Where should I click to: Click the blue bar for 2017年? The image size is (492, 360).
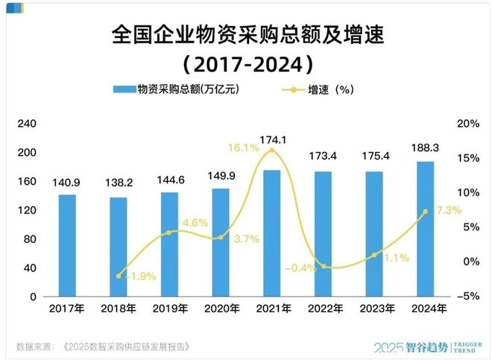[67, 245]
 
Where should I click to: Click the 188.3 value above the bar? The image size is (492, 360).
[425, 148]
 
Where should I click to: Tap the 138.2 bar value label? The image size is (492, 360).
[118, 182]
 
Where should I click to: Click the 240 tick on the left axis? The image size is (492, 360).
[28, 124]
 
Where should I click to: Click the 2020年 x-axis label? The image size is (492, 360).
[221, 307]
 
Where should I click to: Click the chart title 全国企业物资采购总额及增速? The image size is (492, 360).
[246, 35]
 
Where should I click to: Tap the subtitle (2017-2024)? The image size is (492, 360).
[246, 63]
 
